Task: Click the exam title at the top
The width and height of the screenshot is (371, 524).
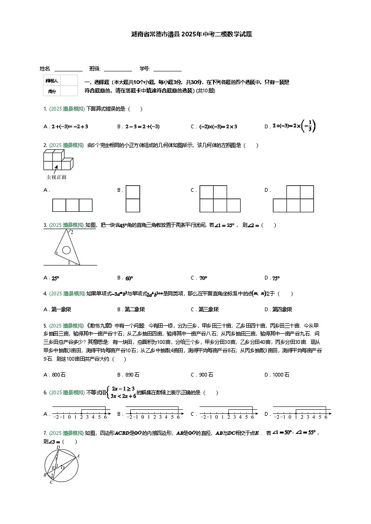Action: point(185,35)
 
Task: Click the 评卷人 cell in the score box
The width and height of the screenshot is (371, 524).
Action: point(51,81)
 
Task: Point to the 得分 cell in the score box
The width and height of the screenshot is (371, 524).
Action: point(51,91)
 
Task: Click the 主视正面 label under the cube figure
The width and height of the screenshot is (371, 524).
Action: point(56,177)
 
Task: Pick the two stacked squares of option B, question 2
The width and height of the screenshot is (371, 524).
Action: point(133,199)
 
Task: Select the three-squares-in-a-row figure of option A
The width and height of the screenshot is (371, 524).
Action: point(72,205)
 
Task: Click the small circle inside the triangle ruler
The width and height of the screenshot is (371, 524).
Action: point(66,250)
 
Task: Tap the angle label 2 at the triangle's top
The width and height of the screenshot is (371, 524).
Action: point(71,231)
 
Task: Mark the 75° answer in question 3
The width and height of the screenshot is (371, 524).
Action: point(276,279)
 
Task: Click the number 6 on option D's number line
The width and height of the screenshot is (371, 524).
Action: point(326,417)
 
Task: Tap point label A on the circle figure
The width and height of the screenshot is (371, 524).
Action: point(78,456)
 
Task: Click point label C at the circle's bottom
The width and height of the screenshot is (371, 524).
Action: point(51,482)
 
